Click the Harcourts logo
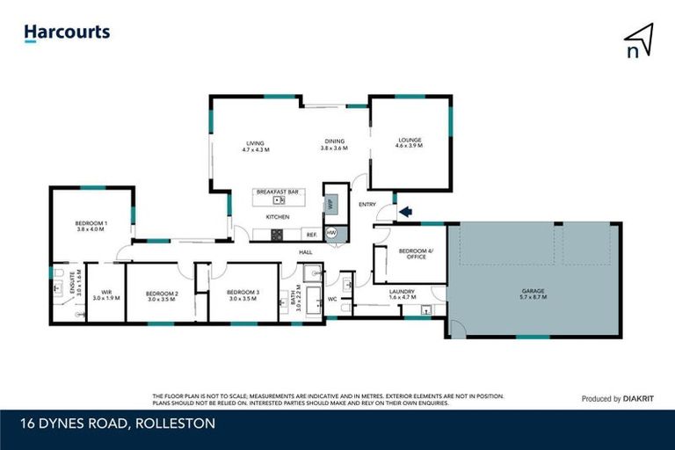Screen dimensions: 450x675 point(67,33)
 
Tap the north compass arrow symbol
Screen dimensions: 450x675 point(639,39)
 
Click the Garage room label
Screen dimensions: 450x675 point(533,291)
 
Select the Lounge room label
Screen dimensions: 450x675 point(410,140)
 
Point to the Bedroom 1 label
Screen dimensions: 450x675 point(91,223)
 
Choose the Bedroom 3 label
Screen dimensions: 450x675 point(243,292)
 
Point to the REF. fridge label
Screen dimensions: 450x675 point(311,234)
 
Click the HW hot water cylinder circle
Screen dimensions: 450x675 point(331,233)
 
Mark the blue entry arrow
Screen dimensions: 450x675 point(405,211)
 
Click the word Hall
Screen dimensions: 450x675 point(306,252)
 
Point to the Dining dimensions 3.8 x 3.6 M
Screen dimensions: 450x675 point(335,149)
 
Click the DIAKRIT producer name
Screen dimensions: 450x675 point(628,398)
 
